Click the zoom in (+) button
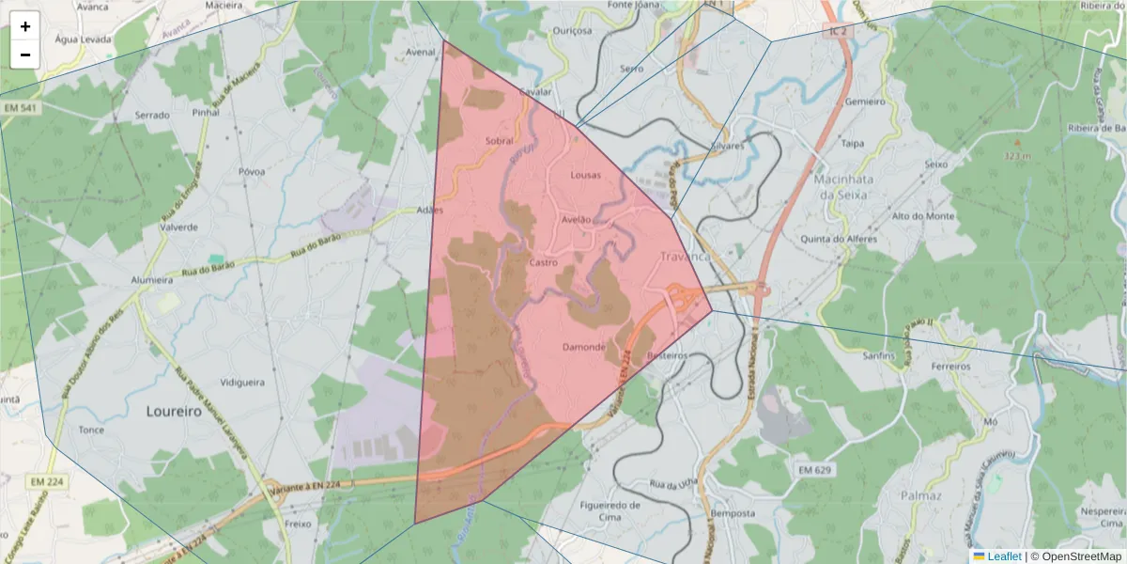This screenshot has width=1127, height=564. point(25,26)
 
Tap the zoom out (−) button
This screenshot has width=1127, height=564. point(25,55)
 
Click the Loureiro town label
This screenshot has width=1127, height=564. point(174,411)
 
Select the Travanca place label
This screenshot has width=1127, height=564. point(687,257)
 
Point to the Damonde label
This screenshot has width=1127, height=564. point(583,347)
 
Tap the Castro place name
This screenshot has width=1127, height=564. point(544,262)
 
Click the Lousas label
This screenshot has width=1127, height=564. point(585,175)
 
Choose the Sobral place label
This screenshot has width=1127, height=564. point(500,141)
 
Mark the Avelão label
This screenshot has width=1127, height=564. point(576,219)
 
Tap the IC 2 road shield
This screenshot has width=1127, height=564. point(837,31)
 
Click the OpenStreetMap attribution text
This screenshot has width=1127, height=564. point(1081,556)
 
